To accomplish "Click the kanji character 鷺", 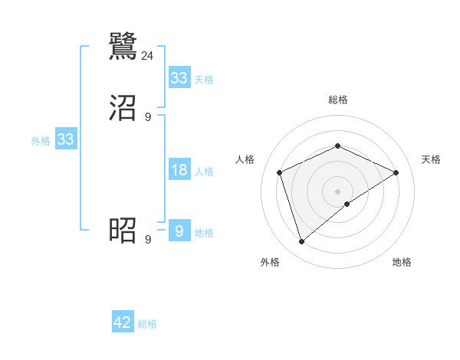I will [123, 45].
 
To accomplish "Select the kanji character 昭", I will [123, 230].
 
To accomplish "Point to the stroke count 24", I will [148, 55].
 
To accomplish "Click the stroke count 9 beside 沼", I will [148, 117].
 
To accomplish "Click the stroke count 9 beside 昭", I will [148, 240].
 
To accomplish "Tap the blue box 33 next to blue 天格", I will [179, 78].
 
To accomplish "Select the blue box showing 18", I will [179, 170].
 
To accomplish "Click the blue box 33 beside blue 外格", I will [66, 139].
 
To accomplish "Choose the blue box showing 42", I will [123, 322].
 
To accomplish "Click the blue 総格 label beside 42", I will [147, 324].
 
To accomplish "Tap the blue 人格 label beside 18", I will [204, 172].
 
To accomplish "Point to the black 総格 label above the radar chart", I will [338, 100].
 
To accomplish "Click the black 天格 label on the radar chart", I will [431, 159].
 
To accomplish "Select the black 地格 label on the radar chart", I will [402, 262].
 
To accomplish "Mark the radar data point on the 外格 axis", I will [301, 242].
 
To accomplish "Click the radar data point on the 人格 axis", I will [280, 172].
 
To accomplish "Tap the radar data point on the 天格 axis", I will [396, 172].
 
